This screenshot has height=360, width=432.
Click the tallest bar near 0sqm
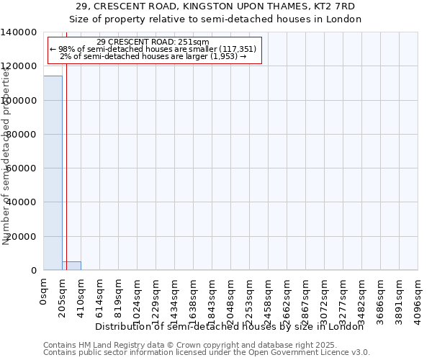click(x=53, y=173)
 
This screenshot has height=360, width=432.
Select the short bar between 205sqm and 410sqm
click(x=71, y=266)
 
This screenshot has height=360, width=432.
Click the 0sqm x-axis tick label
click(x=44, y=293)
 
